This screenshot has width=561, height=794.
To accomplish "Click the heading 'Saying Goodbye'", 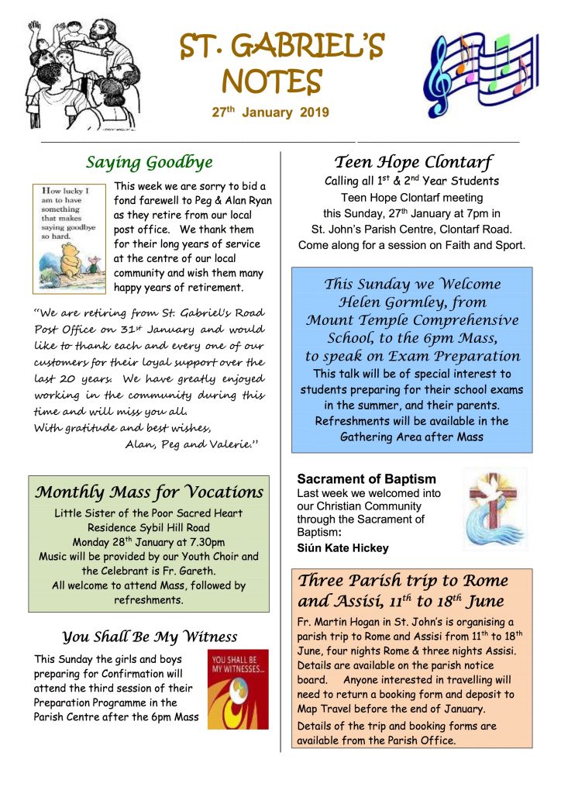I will pyautogui.click(x=149, y=162).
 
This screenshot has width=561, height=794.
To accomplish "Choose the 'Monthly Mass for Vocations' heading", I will pyautogui.click(x=150, y=492).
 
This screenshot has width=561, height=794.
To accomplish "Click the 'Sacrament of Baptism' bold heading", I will pyautogui.click(x=367, y=479).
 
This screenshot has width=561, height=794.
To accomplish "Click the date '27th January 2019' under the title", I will pyautogui.click(x=270, y=112).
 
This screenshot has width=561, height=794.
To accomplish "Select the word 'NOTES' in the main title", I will pyautogui.click(x=271, y=81).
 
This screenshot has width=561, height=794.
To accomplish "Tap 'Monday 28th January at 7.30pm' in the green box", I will pyautogui.click(x=149, y=542).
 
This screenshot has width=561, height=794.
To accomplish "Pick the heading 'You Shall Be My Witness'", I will pyautogui.click(x=150, y=637).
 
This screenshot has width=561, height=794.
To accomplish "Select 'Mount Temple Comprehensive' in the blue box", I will pyautogui.click(x=411, y=319).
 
